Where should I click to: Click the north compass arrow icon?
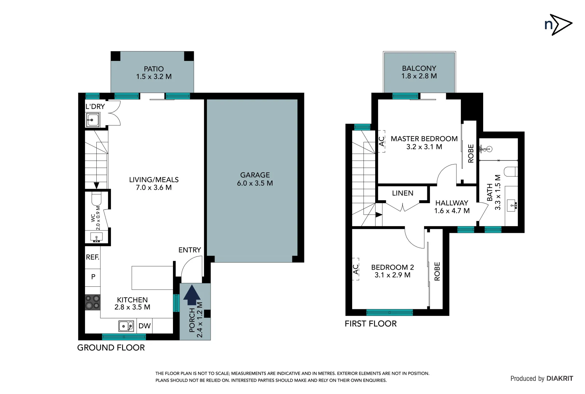pyautogui.click(x=558, y=25)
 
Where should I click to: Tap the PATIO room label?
pyautogui.click(x=154, y=69)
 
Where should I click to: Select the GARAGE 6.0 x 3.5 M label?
pyautogui.click(x=255, y=179)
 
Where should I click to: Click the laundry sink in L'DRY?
pyautogui.click(x=93, y=120)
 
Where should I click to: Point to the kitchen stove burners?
pyautogui.click(x=92, y=302)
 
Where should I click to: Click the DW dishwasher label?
pyautogui.click(x=145, y=326)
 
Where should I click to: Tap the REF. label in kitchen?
pyautogui.click(x=92, y=257)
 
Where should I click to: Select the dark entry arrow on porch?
pyautogui.click(x=192, y=295)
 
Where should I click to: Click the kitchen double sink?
pyautogui.click(x=126, y=326)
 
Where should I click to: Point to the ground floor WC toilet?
pyautogui.click(x=96, y=200)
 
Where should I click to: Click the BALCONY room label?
pyautogui.click(x=419, y=68)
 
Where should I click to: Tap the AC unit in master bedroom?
pyautogui.click(x=381, y=141)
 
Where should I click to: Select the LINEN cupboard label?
pyautogui.click(x=403, y=193)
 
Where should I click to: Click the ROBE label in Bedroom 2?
pyautogui.click(x=437, y=271)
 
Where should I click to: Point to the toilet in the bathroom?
pyautogui.click(x=511, y=171)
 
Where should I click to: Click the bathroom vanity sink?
pyautogui.click(x=512, y=205)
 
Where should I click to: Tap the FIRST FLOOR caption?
pyautogui.click(x=370, y=324)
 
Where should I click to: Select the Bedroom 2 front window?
pyautogui.click(x=389, y=312)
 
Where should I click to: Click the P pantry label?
pyautogui.click(x=93, y=277)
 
